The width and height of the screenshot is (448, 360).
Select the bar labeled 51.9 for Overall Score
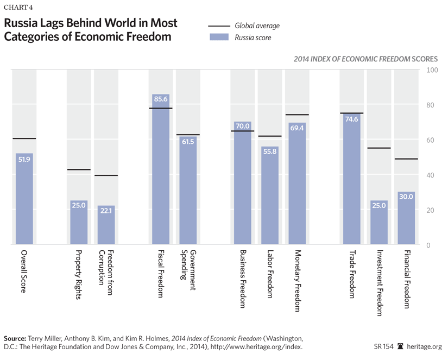click(x=24, y=201)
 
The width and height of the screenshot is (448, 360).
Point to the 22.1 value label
click(x=106, y=211)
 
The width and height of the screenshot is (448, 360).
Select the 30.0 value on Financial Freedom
click(x=406, y=197)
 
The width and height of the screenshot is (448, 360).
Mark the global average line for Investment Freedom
click(x=378, y=148)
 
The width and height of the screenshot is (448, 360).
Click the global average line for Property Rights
click(x=79, y=170)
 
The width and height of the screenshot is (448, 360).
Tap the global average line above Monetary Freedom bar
click(x=297, y=115)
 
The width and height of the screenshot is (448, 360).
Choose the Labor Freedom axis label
click(x=270, y=274)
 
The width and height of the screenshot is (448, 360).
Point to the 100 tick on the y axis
click(x=433, y=71)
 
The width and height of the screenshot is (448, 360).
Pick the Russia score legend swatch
click(x=218, y=38)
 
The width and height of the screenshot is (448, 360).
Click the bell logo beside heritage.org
click(x=401, y=346)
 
